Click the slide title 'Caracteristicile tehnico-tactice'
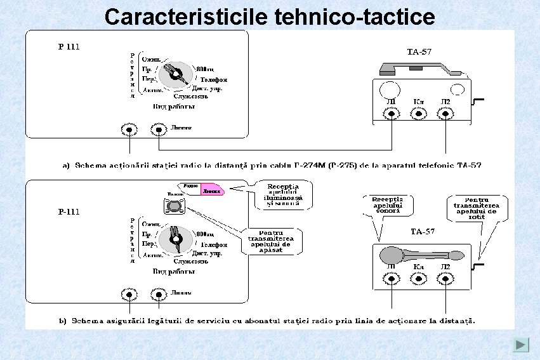click(270, 17)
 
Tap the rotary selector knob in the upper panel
click(174, 76)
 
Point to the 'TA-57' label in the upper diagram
click(419, 51)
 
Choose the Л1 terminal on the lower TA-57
click(392, 279)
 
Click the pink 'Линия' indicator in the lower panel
click(213, 190)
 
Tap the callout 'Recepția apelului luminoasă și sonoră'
click(282, 194)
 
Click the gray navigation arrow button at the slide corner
click(521, 345)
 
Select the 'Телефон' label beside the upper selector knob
click(214, 80)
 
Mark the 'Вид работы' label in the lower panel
click(173, 271)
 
